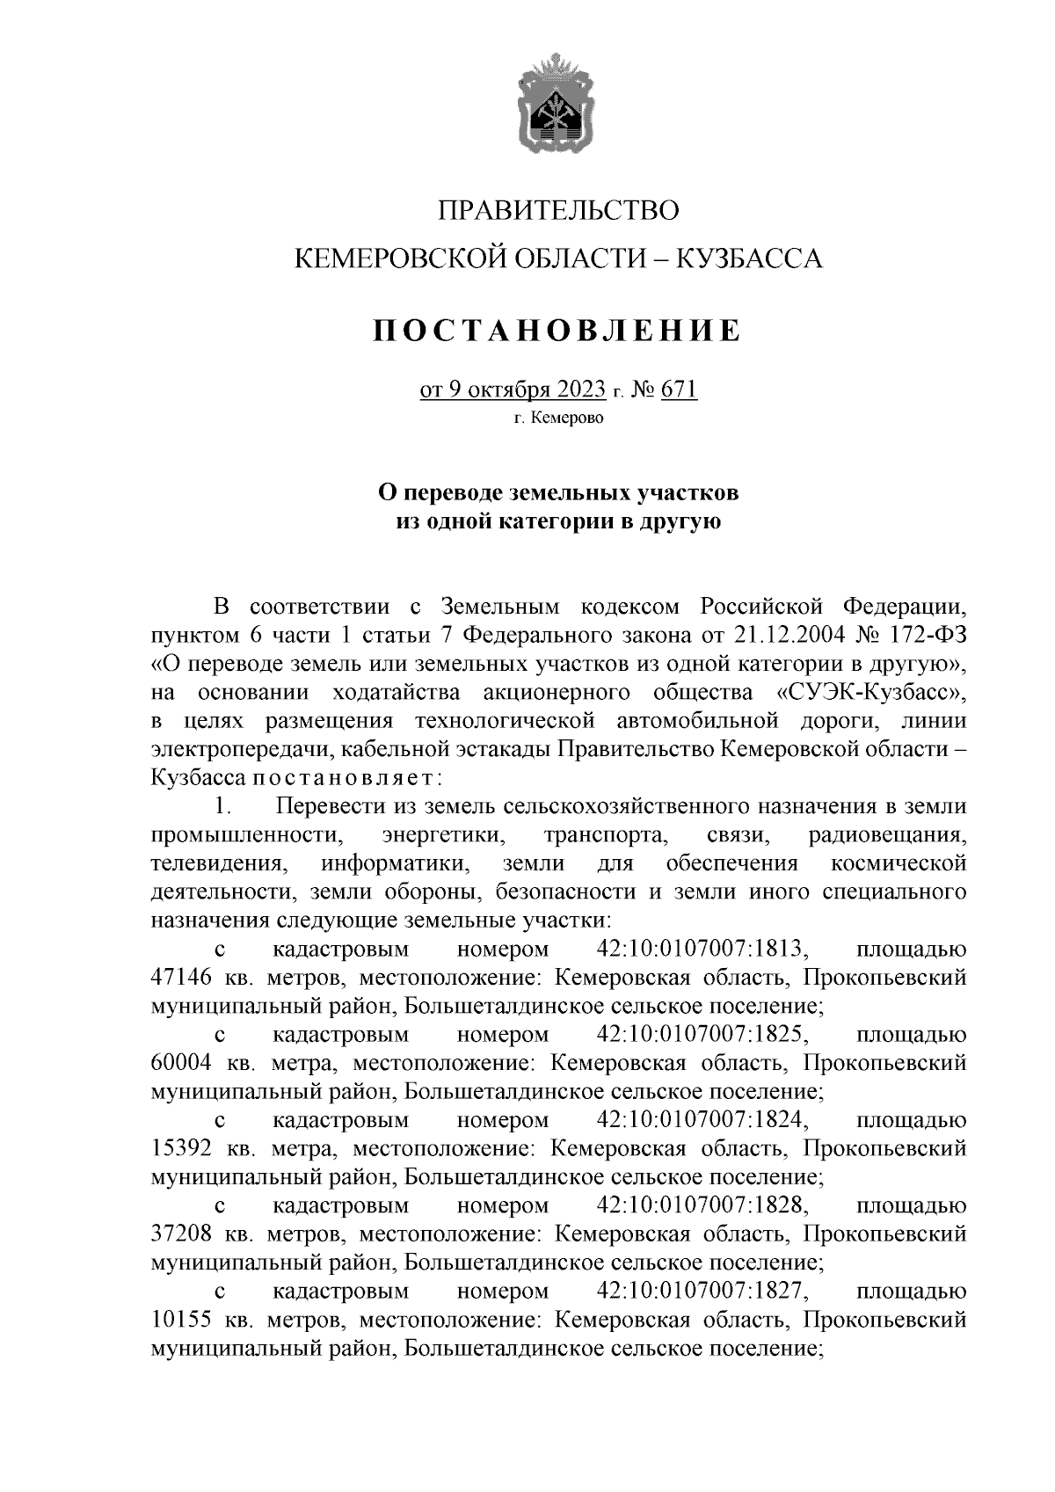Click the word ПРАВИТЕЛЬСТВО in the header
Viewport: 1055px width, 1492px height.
558,211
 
